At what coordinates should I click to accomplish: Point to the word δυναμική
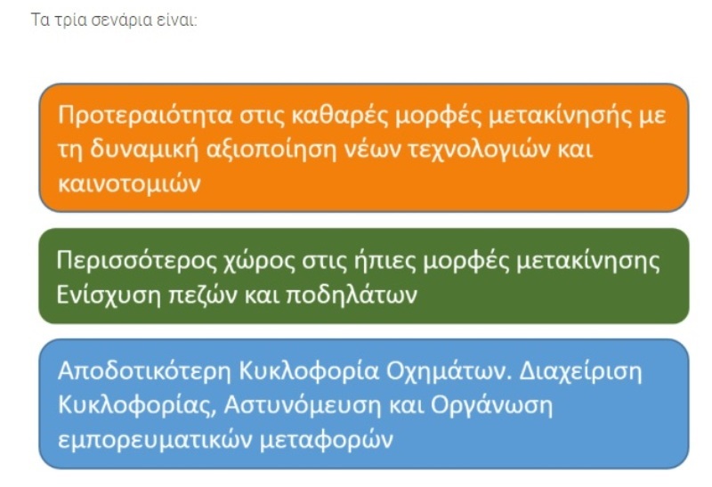tap(144, 150)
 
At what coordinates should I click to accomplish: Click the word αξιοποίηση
tap(271, 150)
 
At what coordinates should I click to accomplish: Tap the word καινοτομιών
tap(129, 184)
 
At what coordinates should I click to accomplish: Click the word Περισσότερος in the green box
tap(137, 261)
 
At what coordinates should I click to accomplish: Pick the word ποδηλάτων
tap(352, 296)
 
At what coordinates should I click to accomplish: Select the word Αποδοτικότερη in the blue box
tap(145, 370)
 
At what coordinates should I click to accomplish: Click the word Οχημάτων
tap(449, 370)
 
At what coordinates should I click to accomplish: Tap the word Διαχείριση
tap(581, 370)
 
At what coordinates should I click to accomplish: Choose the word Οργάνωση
tap(492, 405)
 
